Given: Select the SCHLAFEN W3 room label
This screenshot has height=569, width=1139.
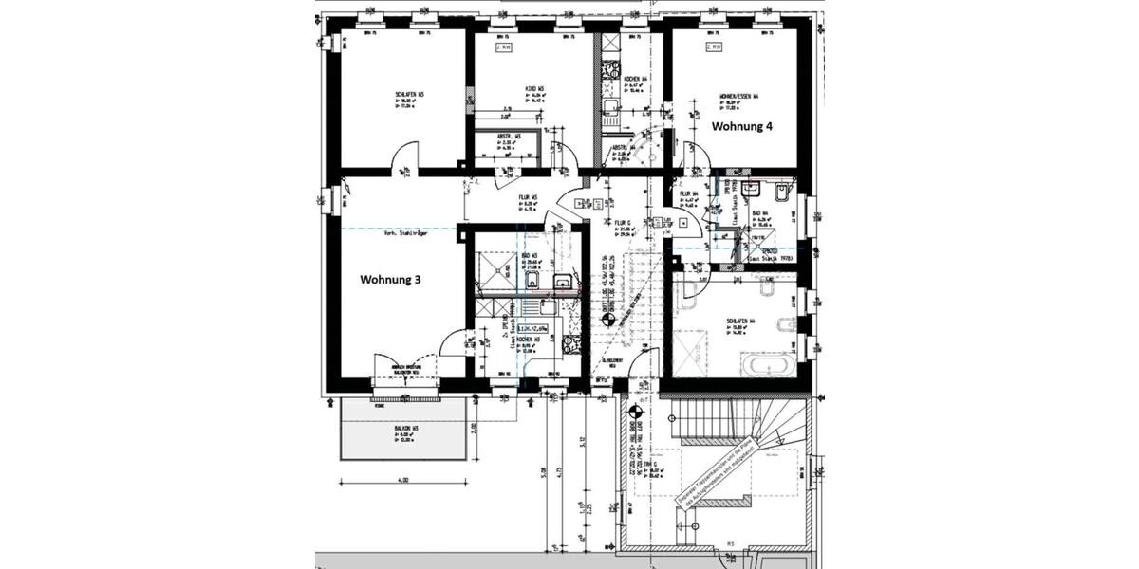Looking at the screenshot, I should point(409,95).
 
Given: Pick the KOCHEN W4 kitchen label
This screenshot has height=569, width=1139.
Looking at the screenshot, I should point(635,79).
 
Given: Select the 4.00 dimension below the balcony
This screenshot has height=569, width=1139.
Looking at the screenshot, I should point(403,481).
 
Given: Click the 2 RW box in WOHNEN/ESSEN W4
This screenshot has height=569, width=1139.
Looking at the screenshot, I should point(713,46).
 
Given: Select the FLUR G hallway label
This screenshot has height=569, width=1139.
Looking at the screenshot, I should point(623,225).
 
